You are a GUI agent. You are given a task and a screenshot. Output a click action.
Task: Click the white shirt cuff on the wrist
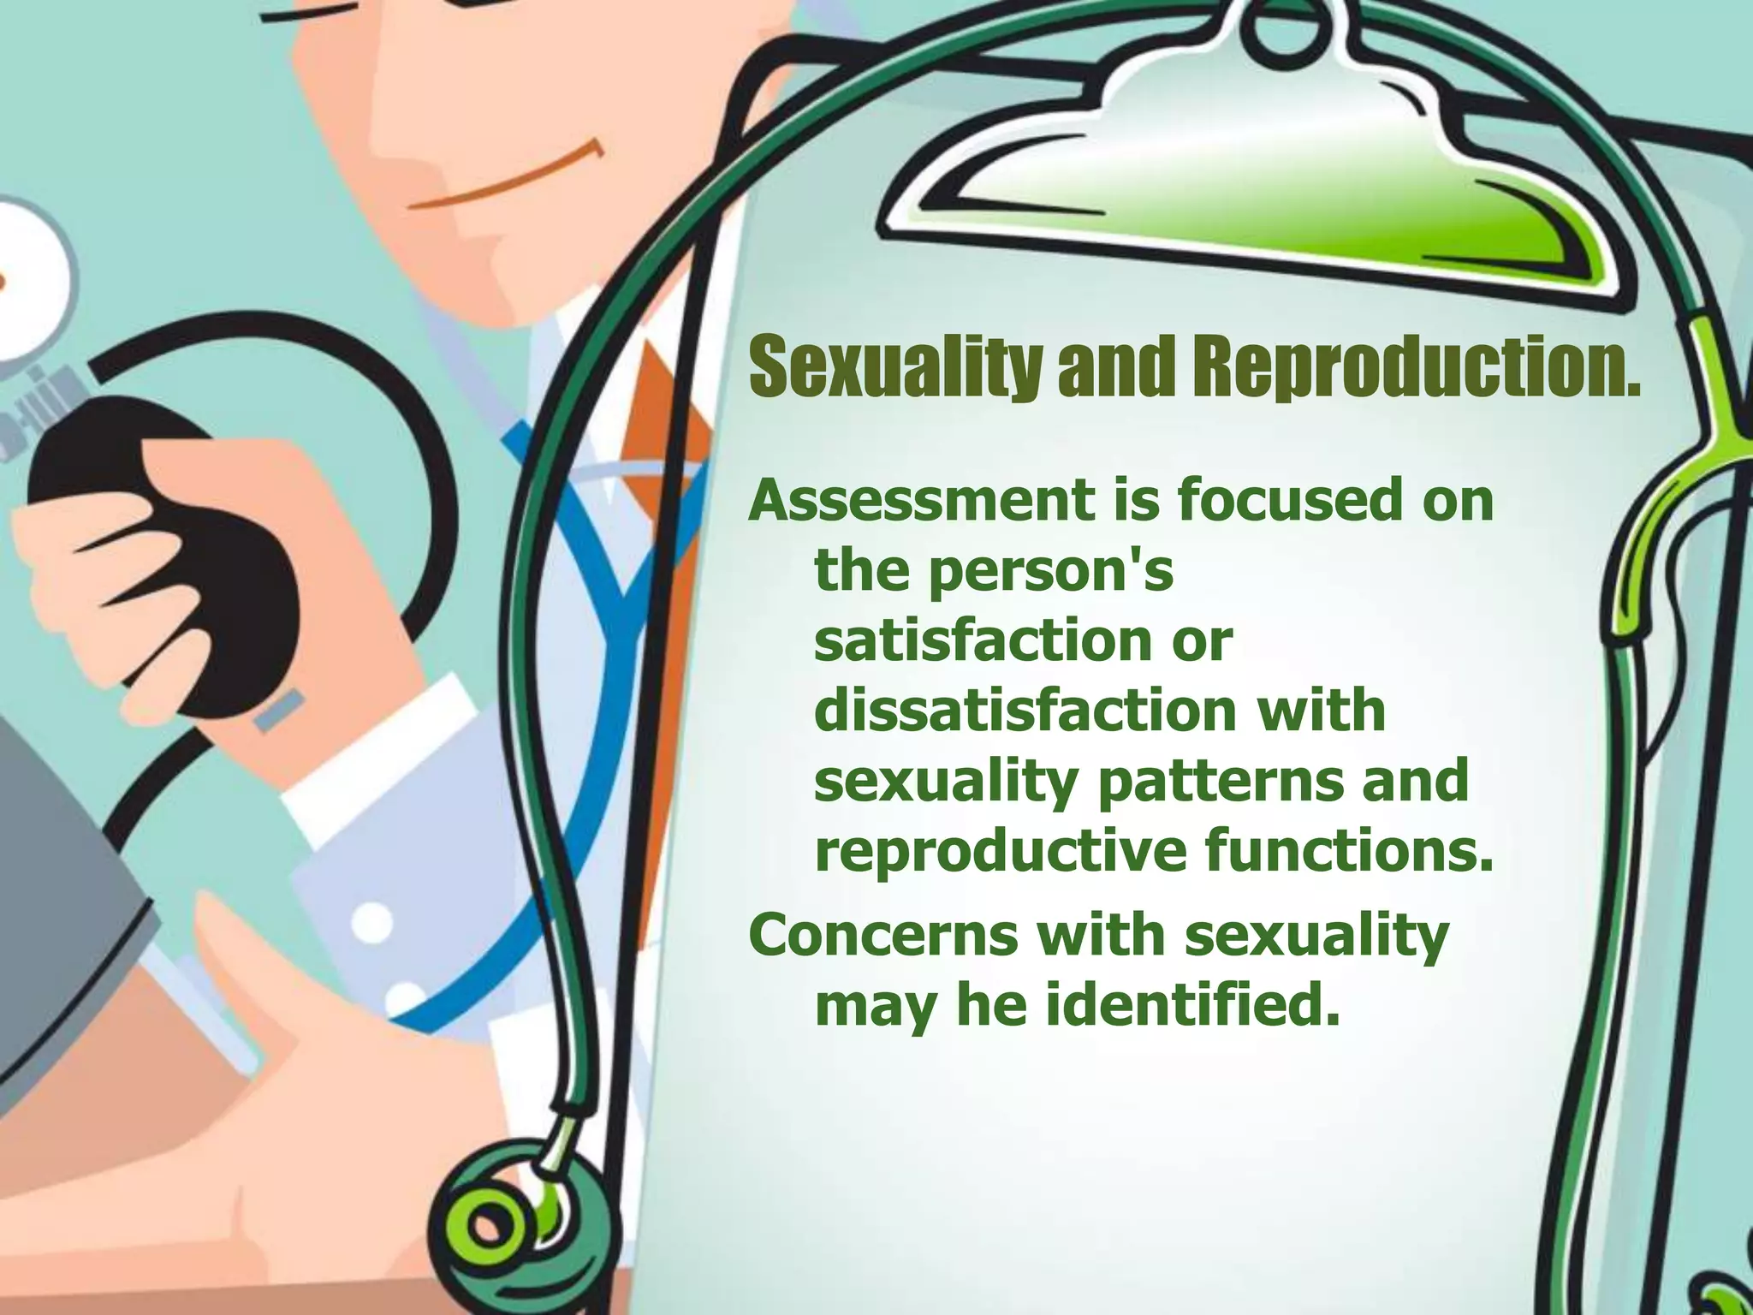[377, 753]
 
